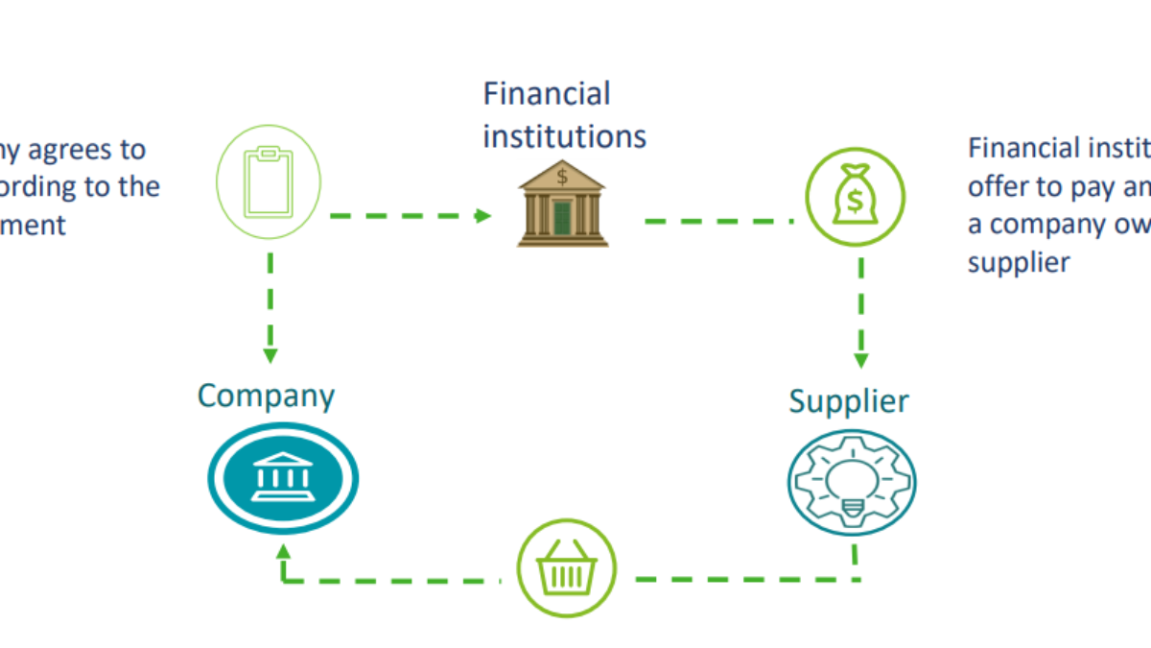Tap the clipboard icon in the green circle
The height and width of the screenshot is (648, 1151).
pos(269,181)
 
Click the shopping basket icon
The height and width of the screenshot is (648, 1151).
pos(567,573)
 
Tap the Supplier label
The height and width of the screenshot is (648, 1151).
pos(848,400)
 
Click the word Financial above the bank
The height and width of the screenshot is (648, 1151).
pos(547,94)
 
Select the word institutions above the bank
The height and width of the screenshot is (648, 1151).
pos(564,135)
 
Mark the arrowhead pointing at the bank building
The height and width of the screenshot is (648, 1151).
pos(484,216)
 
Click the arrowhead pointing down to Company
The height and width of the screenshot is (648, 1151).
pos(270,355)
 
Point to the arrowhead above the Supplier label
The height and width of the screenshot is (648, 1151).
pos(860,360)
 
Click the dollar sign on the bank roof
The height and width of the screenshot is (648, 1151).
pos(562,177)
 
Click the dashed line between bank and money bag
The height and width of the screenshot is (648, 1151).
pos(719,221)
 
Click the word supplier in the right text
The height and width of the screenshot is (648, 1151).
pos(1018,262)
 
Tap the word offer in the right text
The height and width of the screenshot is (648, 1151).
pos(996,186)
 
